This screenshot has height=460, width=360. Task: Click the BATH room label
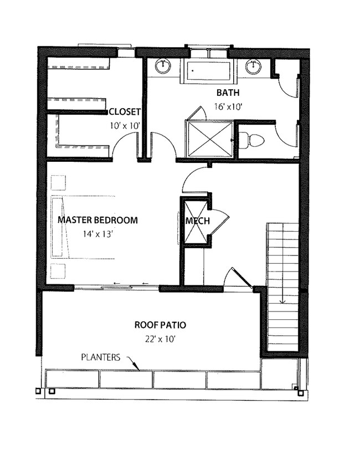(x=228, y=93)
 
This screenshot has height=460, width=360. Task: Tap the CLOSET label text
(x=125, y=112)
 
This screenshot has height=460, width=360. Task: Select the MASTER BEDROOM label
(x=97, y=220)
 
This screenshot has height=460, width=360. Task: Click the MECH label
(x=197, y=221)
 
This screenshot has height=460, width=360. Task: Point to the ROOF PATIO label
(x=160, y=325)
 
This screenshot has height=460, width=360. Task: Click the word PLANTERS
(x=101, y=357)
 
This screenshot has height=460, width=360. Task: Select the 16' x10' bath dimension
(x=228, y=107)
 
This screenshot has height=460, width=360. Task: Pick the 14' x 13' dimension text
(x=97, y=234)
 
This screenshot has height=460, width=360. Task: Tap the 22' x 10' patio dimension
(x=160, y=339)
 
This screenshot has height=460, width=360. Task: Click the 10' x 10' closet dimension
(x=125, y=126)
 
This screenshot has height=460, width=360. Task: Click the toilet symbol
(x=251, y=141)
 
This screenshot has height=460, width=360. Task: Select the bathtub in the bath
(x=209, y=70)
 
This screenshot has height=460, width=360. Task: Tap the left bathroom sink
(x=162, y=67)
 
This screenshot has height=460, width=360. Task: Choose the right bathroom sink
(x=253, y=67)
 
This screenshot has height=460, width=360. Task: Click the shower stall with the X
(x=210, y=139)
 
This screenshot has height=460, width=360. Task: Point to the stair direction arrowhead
(x=282, y=301)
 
